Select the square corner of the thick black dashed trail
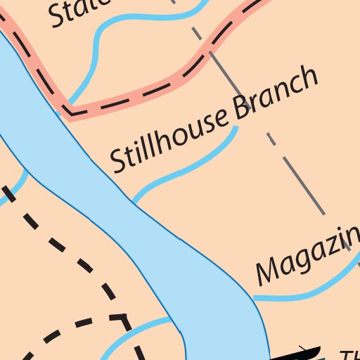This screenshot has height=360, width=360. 124,319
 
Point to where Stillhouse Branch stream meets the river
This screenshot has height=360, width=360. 134,202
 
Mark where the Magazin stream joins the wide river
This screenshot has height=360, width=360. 255,298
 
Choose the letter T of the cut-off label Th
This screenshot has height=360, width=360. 345,355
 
